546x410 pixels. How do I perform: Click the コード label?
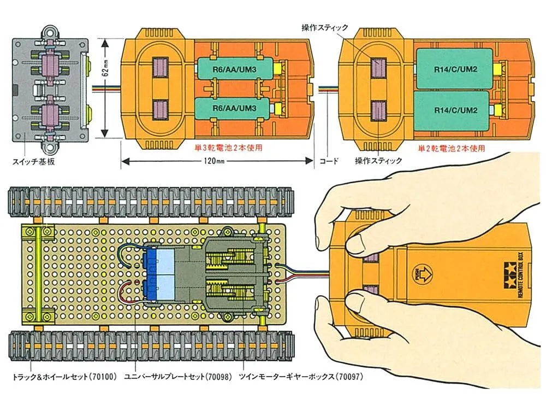tap(329, 161)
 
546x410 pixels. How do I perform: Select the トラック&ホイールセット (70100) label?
tap(64, 377)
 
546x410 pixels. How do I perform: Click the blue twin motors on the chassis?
tap(159, 271)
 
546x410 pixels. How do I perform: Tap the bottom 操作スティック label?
tap(378, 161)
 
